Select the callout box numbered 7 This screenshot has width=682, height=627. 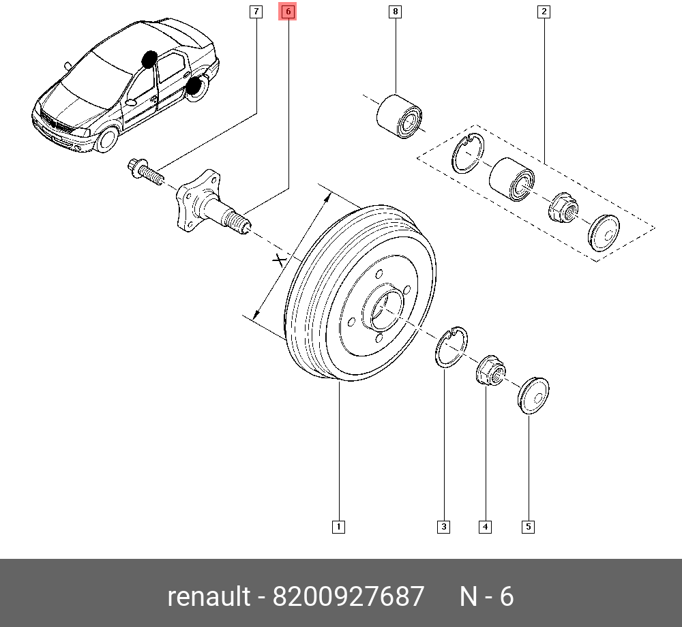[255, 12]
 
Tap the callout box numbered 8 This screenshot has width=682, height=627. [396, 12]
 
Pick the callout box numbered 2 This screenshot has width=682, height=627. [544, 12]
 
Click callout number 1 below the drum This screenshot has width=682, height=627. [338, 526]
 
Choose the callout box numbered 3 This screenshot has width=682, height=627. [444, 526]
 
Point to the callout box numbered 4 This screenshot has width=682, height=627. [486, 526]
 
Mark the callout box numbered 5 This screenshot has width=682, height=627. [529, 526]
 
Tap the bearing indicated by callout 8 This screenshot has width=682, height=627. [400, 113]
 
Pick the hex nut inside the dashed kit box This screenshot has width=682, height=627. [562, 206]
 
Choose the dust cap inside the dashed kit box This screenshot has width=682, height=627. [604, 230]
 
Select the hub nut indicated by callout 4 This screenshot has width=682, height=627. [490, 371]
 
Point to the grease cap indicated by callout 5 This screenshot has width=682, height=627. [534, 395]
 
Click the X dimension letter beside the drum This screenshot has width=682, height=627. [278, 260]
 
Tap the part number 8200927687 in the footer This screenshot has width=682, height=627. [349, 597]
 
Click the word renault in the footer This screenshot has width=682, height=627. [209, 597]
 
